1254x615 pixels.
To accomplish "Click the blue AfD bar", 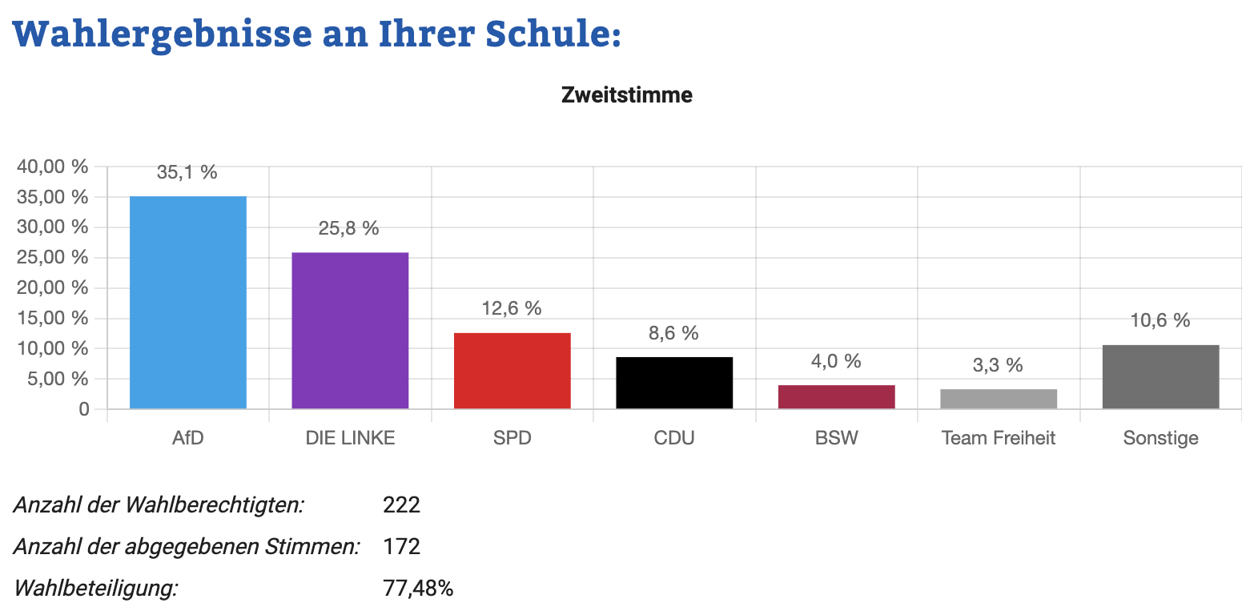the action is coord(188,302).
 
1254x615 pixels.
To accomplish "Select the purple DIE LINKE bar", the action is coord(350,331).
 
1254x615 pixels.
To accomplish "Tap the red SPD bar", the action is coord(512,371).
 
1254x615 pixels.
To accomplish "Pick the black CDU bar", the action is coord(674,383).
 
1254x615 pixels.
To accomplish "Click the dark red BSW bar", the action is coord(836,396).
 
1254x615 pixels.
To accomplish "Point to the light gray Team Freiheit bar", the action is coord(999,399).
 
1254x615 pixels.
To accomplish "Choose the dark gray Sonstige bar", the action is coord(1160,376).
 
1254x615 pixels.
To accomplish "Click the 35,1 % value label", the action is coord(187,172).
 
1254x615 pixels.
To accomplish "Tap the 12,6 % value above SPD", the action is coord(512,308).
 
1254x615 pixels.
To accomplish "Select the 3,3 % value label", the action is coord(998,365).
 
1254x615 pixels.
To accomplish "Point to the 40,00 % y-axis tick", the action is coord(53,167).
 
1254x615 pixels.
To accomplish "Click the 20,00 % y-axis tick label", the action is coord(53,287).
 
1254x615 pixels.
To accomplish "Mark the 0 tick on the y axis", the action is coord(84,409).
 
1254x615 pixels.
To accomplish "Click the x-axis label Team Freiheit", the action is coord(999,437).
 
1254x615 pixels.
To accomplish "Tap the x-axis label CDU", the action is coord(674,437).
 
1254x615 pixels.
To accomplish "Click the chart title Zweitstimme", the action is coord(627,95).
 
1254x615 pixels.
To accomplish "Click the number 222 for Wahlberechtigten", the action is coord(401,504).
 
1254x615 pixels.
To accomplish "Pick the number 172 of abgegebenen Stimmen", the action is coord(401,546).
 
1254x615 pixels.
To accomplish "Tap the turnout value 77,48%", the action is coord(418,588).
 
